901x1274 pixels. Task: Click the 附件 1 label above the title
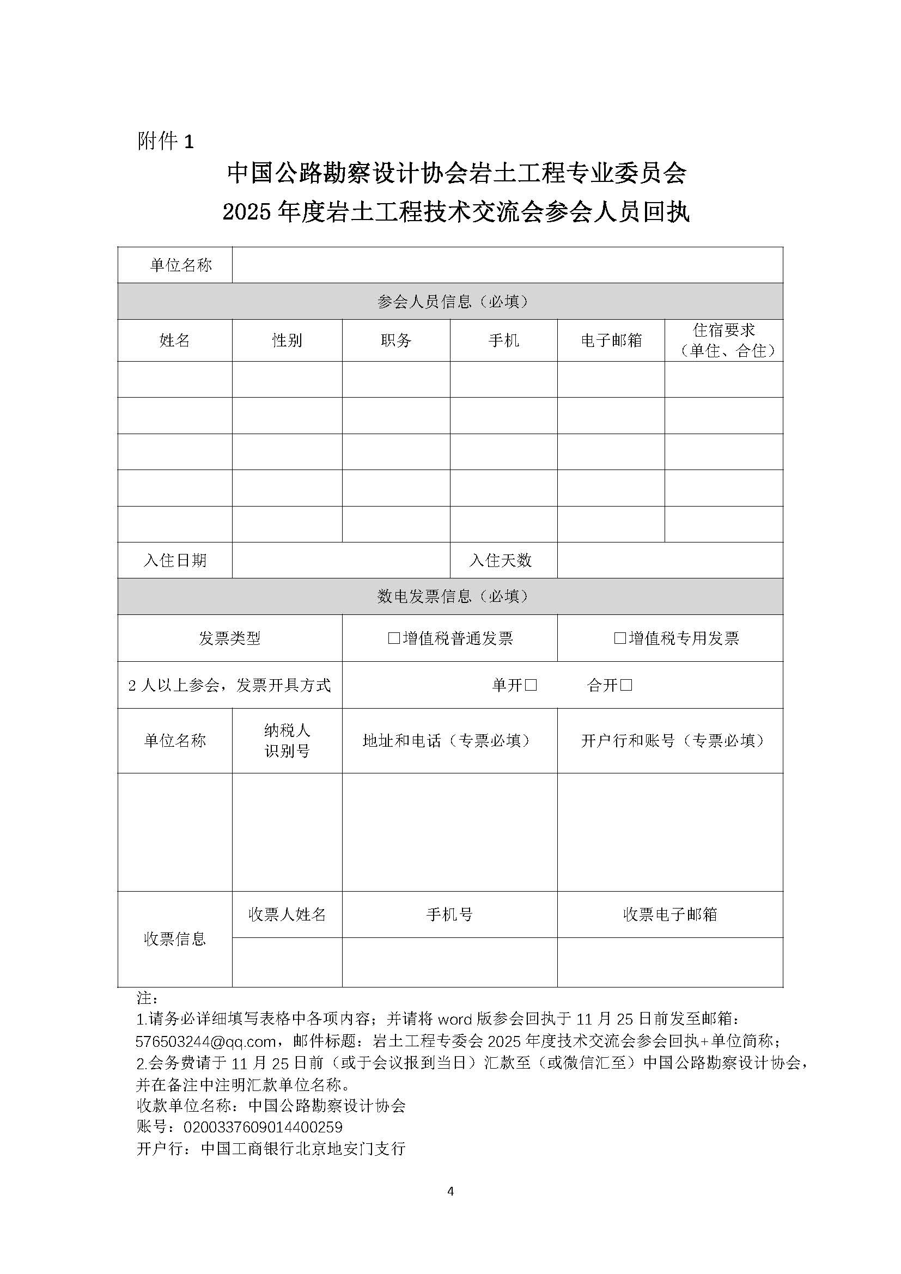coord(166,142)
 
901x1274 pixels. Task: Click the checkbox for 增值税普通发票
coord(394,638)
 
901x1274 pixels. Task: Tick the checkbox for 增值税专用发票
coord(620,638)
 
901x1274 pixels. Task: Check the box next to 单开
coord(531,685)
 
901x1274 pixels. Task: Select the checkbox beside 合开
coord(626,685)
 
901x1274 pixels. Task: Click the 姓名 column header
coord(175,340)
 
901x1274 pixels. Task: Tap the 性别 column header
coord(287,340)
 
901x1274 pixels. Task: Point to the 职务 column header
coord(395,340)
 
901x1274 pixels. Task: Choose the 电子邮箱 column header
coord(611,340)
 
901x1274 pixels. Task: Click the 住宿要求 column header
coord(723,340)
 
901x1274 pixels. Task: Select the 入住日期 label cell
coord(175,560)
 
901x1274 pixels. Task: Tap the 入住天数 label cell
coord(501,560)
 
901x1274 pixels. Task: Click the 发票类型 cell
coord(230,638)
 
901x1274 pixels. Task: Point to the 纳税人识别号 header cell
coord(287,741)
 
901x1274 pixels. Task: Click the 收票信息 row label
coord(175,939)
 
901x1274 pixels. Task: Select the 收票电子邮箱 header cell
coord(669,915)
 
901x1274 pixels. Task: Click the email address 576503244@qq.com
coord(206,1041)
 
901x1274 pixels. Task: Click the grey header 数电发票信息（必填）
coord(450,596)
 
